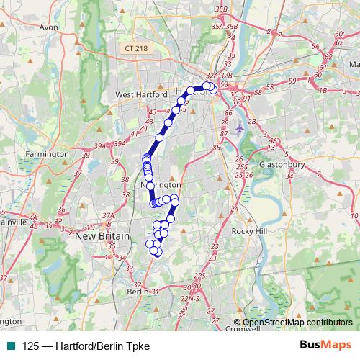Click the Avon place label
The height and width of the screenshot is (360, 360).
pyautogui.click(x=48, y=27)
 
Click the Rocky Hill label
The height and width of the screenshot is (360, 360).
pyautogui.click(x=249, y=231)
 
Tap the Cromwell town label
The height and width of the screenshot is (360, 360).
pyautogui.click(x=242, y=330)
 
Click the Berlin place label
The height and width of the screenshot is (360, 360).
pyautogui.click(x=137, y=292)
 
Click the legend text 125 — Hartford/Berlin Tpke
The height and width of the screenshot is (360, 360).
pyautogui.click(x=86, y=346)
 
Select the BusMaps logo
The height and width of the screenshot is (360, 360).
pyautogui.click(x=325, y=346)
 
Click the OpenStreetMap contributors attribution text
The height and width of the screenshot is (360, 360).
pyautogui.click(x=297, y=323)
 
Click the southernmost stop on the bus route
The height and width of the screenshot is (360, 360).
pyautogui.click(x=158, y=253)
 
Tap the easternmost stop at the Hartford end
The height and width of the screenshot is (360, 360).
pyautogui.click(x=213, y=91)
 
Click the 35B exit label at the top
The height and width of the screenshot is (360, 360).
pyautogui.click(x=222, y=9)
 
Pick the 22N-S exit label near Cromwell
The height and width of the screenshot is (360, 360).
pyautogui.click(x=191, y=298)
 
